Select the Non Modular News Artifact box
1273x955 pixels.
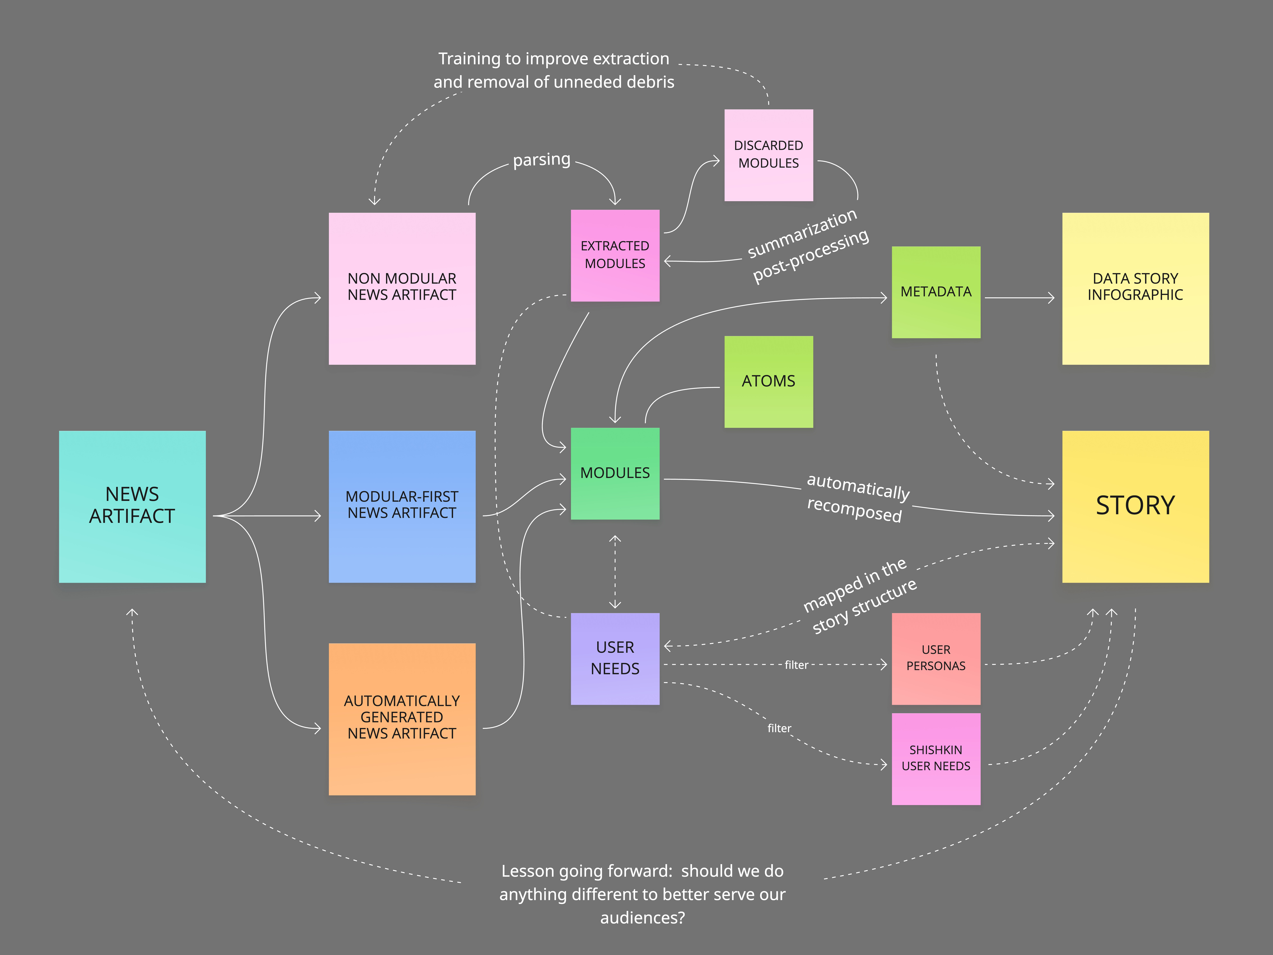[x=402, y=288]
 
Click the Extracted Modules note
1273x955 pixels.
[x=615, y=255]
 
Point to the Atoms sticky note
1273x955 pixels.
[x=768, y=381]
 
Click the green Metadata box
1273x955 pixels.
[x=936, y=292]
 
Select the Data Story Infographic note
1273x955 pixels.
[x=1135, y=288]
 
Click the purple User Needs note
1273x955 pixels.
[x=615, y=658]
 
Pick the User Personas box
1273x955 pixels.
[x=936, y=658]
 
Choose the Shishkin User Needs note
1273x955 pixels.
[x=936, y=758]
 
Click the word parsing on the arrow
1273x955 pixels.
[x=542, y=159]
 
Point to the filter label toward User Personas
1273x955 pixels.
[x=796, y=665]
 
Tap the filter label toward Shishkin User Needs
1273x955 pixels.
[x=779, y=728]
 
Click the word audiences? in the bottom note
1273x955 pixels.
[x=642, y=918]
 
